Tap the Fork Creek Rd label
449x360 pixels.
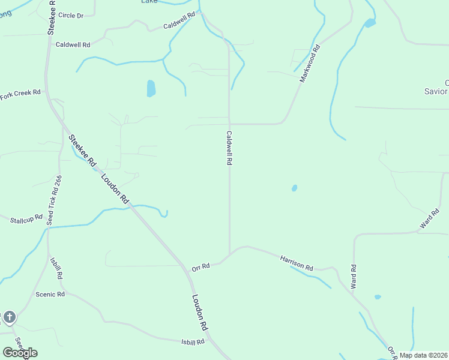click(20, 93)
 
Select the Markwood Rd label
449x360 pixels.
click(310, 68)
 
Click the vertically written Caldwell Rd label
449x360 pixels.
click(229, 148)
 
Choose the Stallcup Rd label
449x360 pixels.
click(26, 220)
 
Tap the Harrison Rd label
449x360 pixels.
click(297, 262)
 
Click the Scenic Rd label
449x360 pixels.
click(50, 295)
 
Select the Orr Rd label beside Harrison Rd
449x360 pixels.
click(200, 266)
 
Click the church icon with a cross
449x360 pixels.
click(9, 317)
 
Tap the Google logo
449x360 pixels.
click(20, 353)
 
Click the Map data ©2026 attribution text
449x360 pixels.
click(423, 355)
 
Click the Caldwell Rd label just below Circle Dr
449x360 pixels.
click(73, 44)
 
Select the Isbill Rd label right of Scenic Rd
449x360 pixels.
click(193, 341)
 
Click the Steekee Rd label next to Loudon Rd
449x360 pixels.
click(82, 150)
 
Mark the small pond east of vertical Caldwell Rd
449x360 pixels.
click(294, 188)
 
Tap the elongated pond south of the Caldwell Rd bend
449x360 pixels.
click(151, 88)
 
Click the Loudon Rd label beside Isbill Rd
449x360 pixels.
click(199, 312)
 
